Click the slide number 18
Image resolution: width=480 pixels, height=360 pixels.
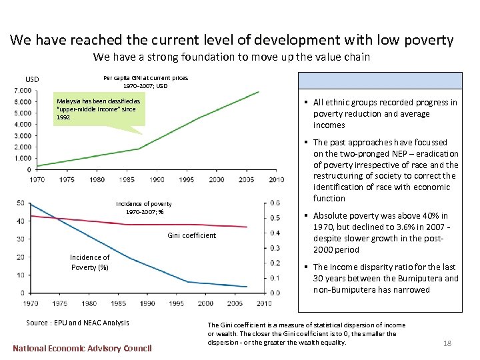(447, 343)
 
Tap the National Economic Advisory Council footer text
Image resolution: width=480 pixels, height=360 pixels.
(82, 347)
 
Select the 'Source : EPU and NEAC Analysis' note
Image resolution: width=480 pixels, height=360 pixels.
(77, 323)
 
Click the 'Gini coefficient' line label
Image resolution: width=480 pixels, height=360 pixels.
(191, 235)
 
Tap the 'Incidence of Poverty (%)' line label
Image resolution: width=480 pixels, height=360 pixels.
(90, 262)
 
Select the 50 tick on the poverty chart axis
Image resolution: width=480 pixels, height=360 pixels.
(20, 203)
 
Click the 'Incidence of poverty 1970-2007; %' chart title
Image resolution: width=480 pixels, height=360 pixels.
(144, 207)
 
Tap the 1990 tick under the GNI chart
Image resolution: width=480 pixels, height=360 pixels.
(157, 179)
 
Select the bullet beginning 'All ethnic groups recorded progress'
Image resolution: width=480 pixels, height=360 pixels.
(385, 113)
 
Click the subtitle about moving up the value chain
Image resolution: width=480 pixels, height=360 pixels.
(231, 57)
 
